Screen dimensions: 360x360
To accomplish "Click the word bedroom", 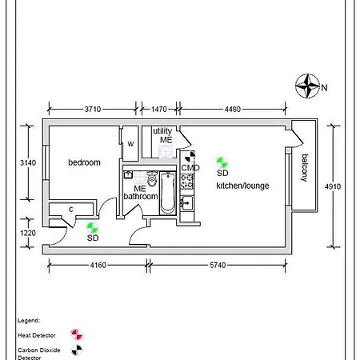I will (x=84, y=162).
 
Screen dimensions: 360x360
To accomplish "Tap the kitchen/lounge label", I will (x=242, y=186).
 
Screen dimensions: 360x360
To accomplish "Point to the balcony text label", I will (x=304, y=168).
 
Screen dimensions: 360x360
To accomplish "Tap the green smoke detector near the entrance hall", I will (x=92, y=228).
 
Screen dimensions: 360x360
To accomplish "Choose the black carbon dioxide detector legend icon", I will (x=77, y=349).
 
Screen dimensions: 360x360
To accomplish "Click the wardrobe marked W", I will (x=130, y=144).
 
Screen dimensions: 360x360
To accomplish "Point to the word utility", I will (x=162, y=130).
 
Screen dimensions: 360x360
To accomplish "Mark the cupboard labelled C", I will (x=71, y=210).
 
